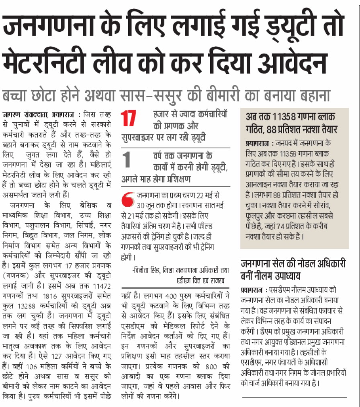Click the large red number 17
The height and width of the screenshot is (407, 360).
pyautogui.click(x=128, y=119)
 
